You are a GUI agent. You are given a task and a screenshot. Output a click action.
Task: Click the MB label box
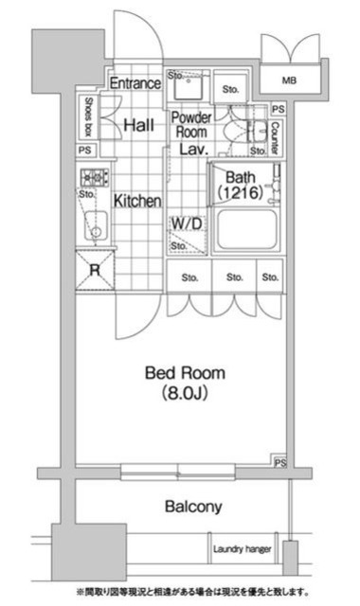289,81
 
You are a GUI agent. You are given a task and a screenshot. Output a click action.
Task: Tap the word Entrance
133,83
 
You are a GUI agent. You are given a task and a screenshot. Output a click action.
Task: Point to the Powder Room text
190,125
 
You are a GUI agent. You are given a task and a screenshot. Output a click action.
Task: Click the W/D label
186,223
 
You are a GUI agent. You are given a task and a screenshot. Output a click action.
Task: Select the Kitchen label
137,201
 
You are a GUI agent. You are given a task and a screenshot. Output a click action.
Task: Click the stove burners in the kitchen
95,176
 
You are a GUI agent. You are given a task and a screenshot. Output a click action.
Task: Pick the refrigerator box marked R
95,270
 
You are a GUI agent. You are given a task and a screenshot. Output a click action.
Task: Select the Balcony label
193,507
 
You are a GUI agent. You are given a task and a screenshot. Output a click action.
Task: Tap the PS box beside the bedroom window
279,463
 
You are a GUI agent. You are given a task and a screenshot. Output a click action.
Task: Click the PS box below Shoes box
85,150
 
